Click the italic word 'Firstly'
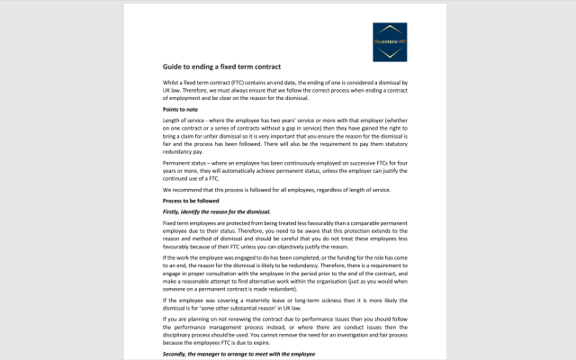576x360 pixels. [x=173, y=211]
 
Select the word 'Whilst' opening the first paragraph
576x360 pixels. [x=171, y=83]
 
